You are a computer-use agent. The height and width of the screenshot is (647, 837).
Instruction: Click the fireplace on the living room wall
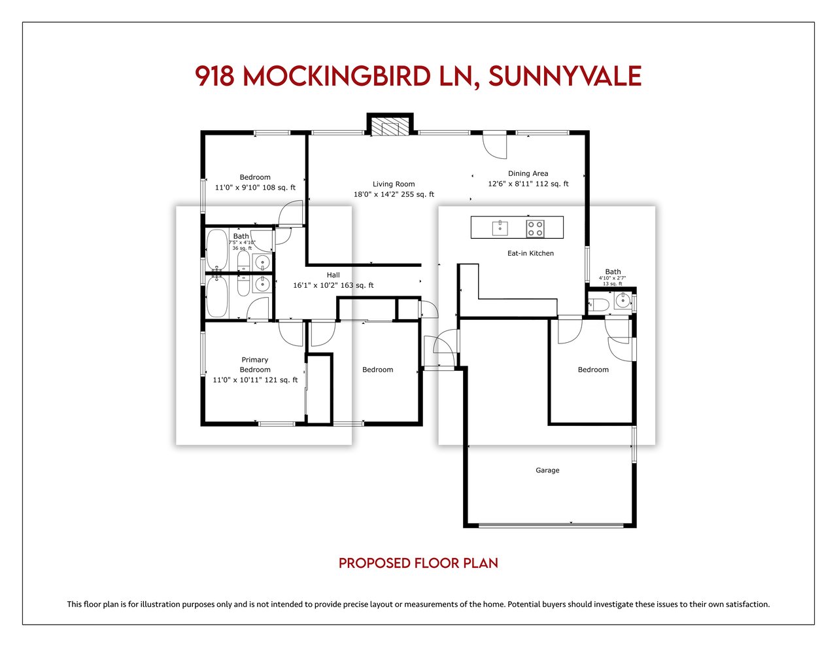point(390,124)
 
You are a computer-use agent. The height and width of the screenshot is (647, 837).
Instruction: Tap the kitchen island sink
point(500,228)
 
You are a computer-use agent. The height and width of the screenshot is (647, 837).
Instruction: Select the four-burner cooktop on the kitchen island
point(535,228)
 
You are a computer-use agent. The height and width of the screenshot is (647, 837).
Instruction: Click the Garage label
point(547,470)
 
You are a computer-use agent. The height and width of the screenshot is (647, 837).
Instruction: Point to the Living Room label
point(394,184)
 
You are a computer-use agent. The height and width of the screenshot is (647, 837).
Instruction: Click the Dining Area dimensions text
point(528,184)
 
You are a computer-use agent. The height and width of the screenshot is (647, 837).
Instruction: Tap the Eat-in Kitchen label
point(530,253)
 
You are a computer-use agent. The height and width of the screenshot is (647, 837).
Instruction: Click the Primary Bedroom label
point(255,364)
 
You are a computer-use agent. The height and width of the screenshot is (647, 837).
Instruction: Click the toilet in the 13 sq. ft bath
point(598,304)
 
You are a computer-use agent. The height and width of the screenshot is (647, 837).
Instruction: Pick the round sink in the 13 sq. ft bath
point(623,300)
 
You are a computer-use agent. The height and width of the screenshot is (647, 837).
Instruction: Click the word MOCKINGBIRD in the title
point(337,76)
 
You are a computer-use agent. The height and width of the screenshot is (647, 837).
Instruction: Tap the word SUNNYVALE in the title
point(565,76)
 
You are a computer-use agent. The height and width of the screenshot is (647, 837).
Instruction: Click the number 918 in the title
point(214,76)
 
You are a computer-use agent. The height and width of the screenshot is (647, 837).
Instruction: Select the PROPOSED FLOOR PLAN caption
point(418,563)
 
